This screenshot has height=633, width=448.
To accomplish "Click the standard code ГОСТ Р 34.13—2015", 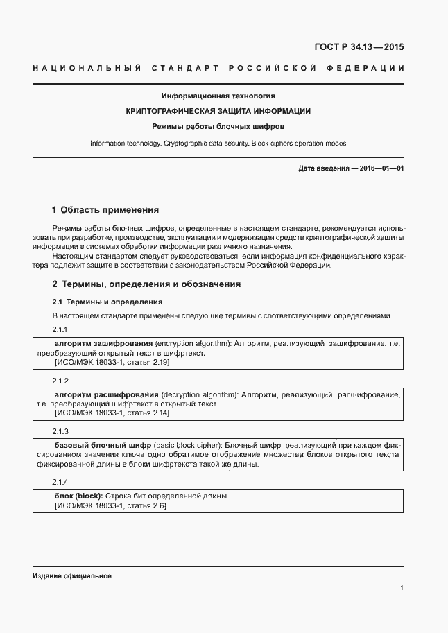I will tap(359, 48).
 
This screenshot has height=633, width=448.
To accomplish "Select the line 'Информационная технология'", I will tap(218, 96).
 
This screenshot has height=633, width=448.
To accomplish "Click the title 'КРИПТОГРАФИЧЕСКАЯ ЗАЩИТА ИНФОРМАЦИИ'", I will tap(218, 111).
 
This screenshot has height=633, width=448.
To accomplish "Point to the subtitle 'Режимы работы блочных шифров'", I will tap(218, 127).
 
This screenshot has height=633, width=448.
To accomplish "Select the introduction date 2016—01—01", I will tap(351, 168).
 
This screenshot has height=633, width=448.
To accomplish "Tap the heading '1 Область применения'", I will tap(105, 209).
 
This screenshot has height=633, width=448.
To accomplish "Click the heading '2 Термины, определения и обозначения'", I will tap(146, 284).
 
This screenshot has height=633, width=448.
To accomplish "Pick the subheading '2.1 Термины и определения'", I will tap(107, 302).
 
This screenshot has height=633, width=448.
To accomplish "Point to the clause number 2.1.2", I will tap(60, 381).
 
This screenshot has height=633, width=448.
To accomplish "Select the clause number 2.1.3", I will tap(60, 431).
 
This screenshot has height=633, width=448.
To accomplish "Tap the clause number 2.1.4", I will tap(60, 481).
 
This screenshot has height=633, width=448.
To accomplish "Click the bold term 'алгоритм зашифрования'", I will tap(103, 343).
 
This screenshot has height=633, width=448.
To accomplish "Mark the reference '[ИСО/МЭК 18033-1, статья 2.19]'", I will tap(112, 362).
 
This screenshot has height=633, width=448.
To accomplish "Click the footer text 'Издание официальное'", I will tap(72, 576).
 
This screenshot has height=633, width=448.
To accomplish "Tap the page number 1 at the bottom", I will tap(402, 588).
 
